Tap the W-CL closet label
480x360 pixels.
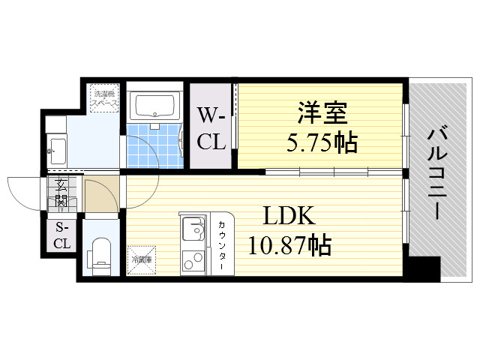point(211,128)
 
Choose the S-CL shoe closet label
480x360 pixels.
point(62,235)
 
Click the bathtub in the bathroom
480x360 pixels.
point(155,106)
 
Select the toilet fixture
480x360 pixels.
point(101,254)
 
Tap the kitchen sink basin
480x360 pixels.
point(194,228)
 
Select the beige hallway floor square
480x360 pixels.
point(100,196)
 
